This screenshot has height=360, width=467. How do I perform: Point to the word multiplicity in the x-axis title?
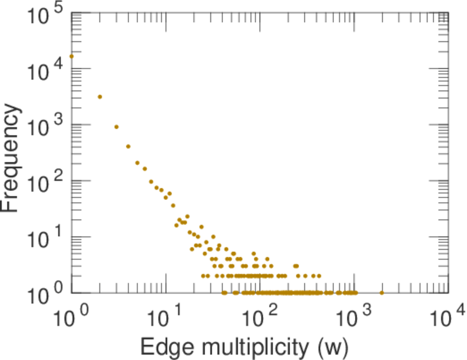253,347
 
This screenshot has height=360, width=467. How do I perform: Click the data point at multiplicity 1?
71,56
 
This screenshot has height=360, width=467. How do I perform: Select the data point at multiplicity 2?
100,97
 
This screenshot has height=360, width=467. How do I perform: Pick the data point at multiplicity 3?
116,127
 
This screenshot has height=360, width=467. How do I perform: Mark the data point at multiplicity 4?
128,146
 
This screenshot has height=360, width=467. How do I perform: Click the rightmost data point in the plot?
382,293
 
